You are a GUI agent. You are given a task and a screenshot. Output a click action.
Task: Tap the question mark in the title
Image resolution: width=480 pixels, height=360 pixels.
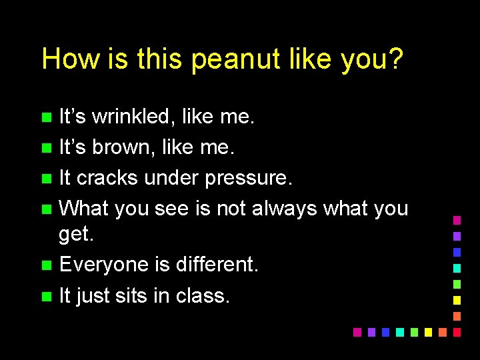(395, 59)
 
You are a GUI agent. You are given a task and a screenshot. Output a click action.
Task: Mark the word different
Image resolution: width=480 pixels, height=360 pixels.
(216, 265)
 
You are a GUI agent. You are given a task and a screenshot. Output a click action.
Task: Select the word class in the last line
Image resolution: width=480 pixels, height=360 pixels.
(203, 295)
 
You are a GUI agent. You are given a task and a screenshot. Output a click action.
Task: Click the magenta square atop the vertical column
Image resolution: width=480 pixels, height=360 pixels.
(457, 220)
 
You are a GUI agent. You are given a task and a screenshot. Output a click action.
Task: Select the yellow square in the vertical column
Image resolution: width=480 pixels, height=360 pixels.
(457, 300)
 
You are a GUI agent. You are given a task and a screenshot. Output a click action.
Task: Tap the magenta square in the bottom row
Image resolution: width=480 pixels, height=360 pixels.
(357, 332)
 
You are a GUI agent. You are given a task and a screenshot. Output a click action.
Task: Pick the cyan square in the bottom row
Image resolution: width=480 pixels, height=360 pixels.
(399, 332)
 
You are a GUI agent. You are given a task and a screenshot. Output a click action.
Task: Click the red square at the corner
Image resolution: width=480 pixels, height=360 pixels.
(457, 332)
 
